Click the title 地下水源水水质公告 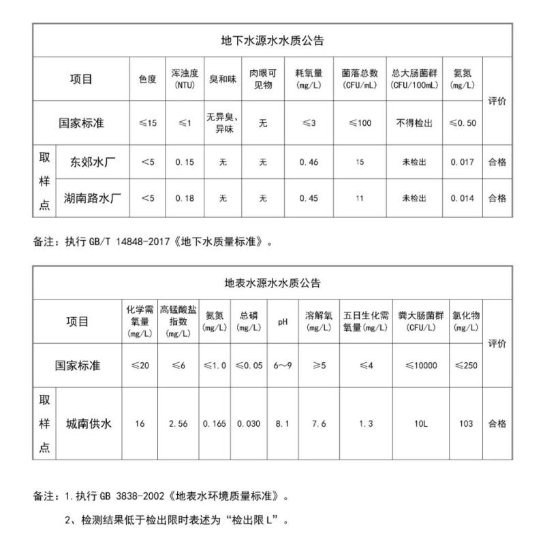pos(272,40)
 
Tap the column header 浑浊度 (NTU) pos(185,79)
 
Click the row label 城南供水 pos(89,423)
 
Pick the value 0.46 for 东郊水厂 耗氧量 pos(309,162)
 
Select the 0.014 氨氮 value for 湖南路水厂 pos(463,198)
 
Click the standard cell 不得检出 pos(414,123)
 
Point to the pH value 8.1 pos(282,423)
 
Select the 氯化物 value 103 pos(466,423)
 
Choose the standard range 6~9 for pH pos(282,366)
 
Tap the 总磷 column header pos(249,321)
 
